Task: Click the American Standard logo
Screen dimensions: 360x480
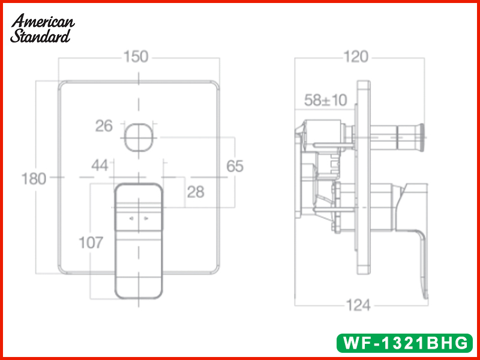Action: point(42,28)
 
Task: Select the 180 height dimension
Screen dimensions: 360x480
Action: point(34,178)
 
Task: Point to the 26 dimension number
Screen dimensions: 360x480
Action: point(104,126)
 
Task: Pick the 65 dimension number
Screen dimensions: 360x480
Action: point(235,166)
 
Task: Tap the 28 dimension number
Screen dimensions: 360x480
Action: point(196,192)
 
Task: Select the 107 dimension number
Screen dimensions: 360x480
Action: point(91,243)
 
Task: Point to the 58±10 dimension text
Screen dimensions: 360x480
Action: point(325,100)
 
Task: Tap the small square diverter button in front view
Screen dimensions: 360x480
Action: point(139,137)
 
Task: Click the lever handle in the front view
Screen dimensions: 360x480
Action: point(138,240)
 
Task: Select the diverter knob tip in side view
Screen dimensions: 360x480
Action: point(421,136)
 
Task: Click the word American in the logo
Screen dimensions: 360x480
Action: point(44,21)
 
